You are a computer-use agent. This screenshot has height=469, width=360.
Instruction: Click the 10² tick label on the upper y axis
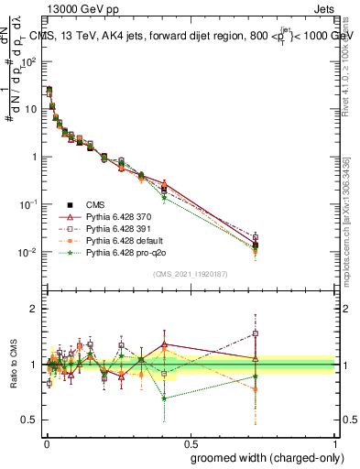tap(30, 61)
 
